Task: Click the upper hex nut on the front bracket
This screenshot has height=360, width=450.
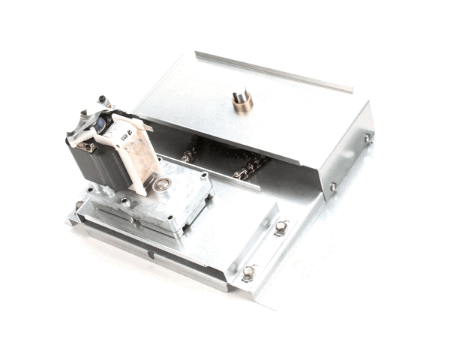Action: coord(280,226)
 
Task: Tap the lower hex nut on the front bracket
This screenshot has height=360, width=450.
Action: coord(248,271)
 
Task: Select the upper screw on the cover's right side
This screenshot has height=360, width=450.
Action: coord(367,138)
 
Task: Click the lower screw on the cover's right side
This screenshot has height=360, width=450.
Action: coord(333,186)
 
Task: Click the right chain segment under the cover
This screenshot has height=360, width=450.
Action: coord(251,166)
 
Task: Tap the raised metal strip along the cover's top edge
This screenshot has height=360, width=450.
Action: coord(274,71)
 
